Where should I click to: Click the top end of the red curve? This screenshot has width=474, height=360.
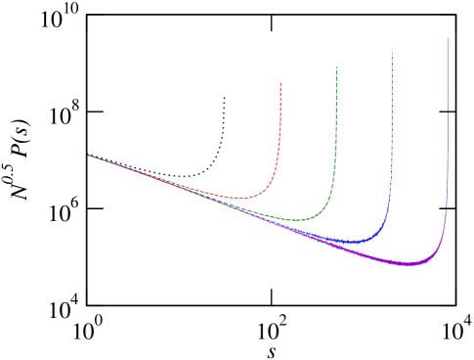click(280, 83)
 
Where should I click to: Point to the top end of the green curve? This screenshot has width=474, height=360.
click(336, 67)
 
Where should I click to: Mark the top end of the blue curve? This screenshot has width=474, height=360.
click(392, 52)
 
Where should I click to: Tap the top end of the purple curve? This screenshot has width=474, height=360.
click(448, 38)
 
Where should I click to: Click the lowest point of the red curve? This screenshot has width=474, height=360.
click(239, 198)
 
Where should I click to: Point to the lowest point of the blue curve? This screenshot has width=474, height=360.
click(352, 241)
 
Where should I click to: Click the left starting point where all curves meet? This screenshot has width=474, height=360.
click(89, 155)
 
